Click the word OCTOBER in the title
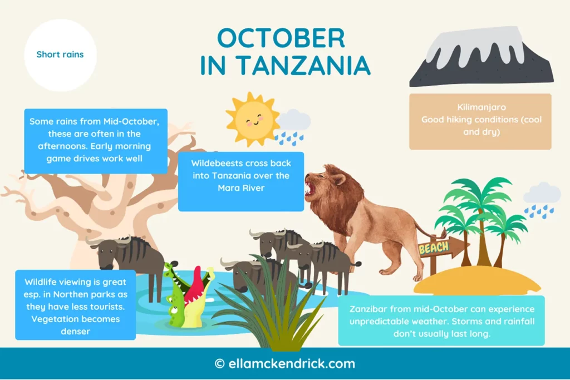pos(281,38)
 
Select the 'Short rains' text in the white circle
pos(60,55)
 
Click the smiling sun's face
pos(253,117)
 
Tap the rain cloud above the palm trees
pos(542,194)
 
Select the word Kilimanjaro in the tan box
pos(480,107)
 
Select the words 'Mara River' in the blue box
pos(241,188)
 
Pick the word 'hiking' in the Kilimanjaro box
pos(456,120)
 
